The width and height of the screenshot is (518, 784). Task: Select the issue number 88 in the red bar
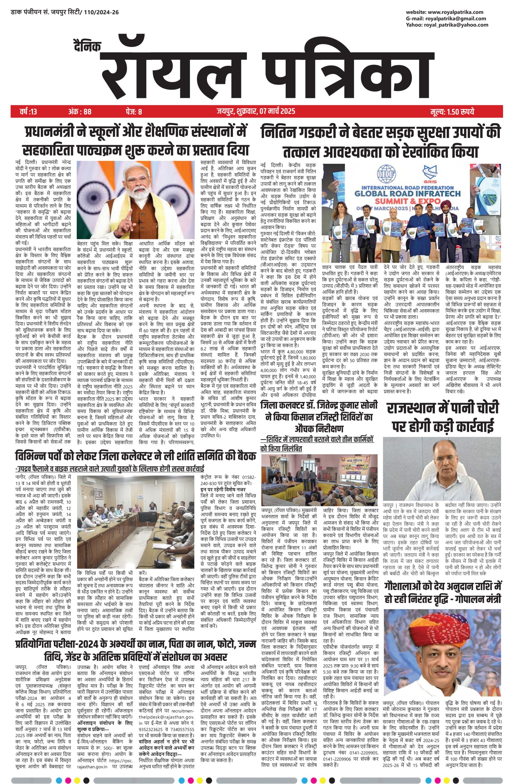pyautogui.click(x=87, y=111)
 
